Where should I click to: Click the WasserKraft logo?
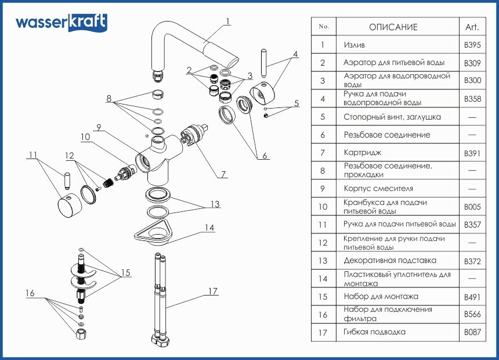61,23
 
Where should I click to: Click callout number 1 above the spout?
228,21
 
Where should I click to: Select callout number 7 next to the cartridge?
223,174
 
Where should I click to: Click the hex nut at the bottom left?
81,334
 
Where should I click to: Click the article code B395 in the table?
472,45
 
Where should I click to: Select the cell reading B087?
472,333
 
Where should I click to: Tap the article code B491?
472,297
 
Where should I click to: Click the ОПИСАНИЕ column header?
393,27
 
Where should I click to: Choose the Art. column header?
472,27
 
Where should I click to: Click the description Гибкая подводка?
374,332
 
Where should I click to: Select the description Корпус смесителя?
378,189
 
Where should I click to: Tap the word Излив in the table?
354,45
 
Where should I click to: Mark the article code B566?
472,315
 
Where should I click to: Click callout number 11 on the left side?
33,155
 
